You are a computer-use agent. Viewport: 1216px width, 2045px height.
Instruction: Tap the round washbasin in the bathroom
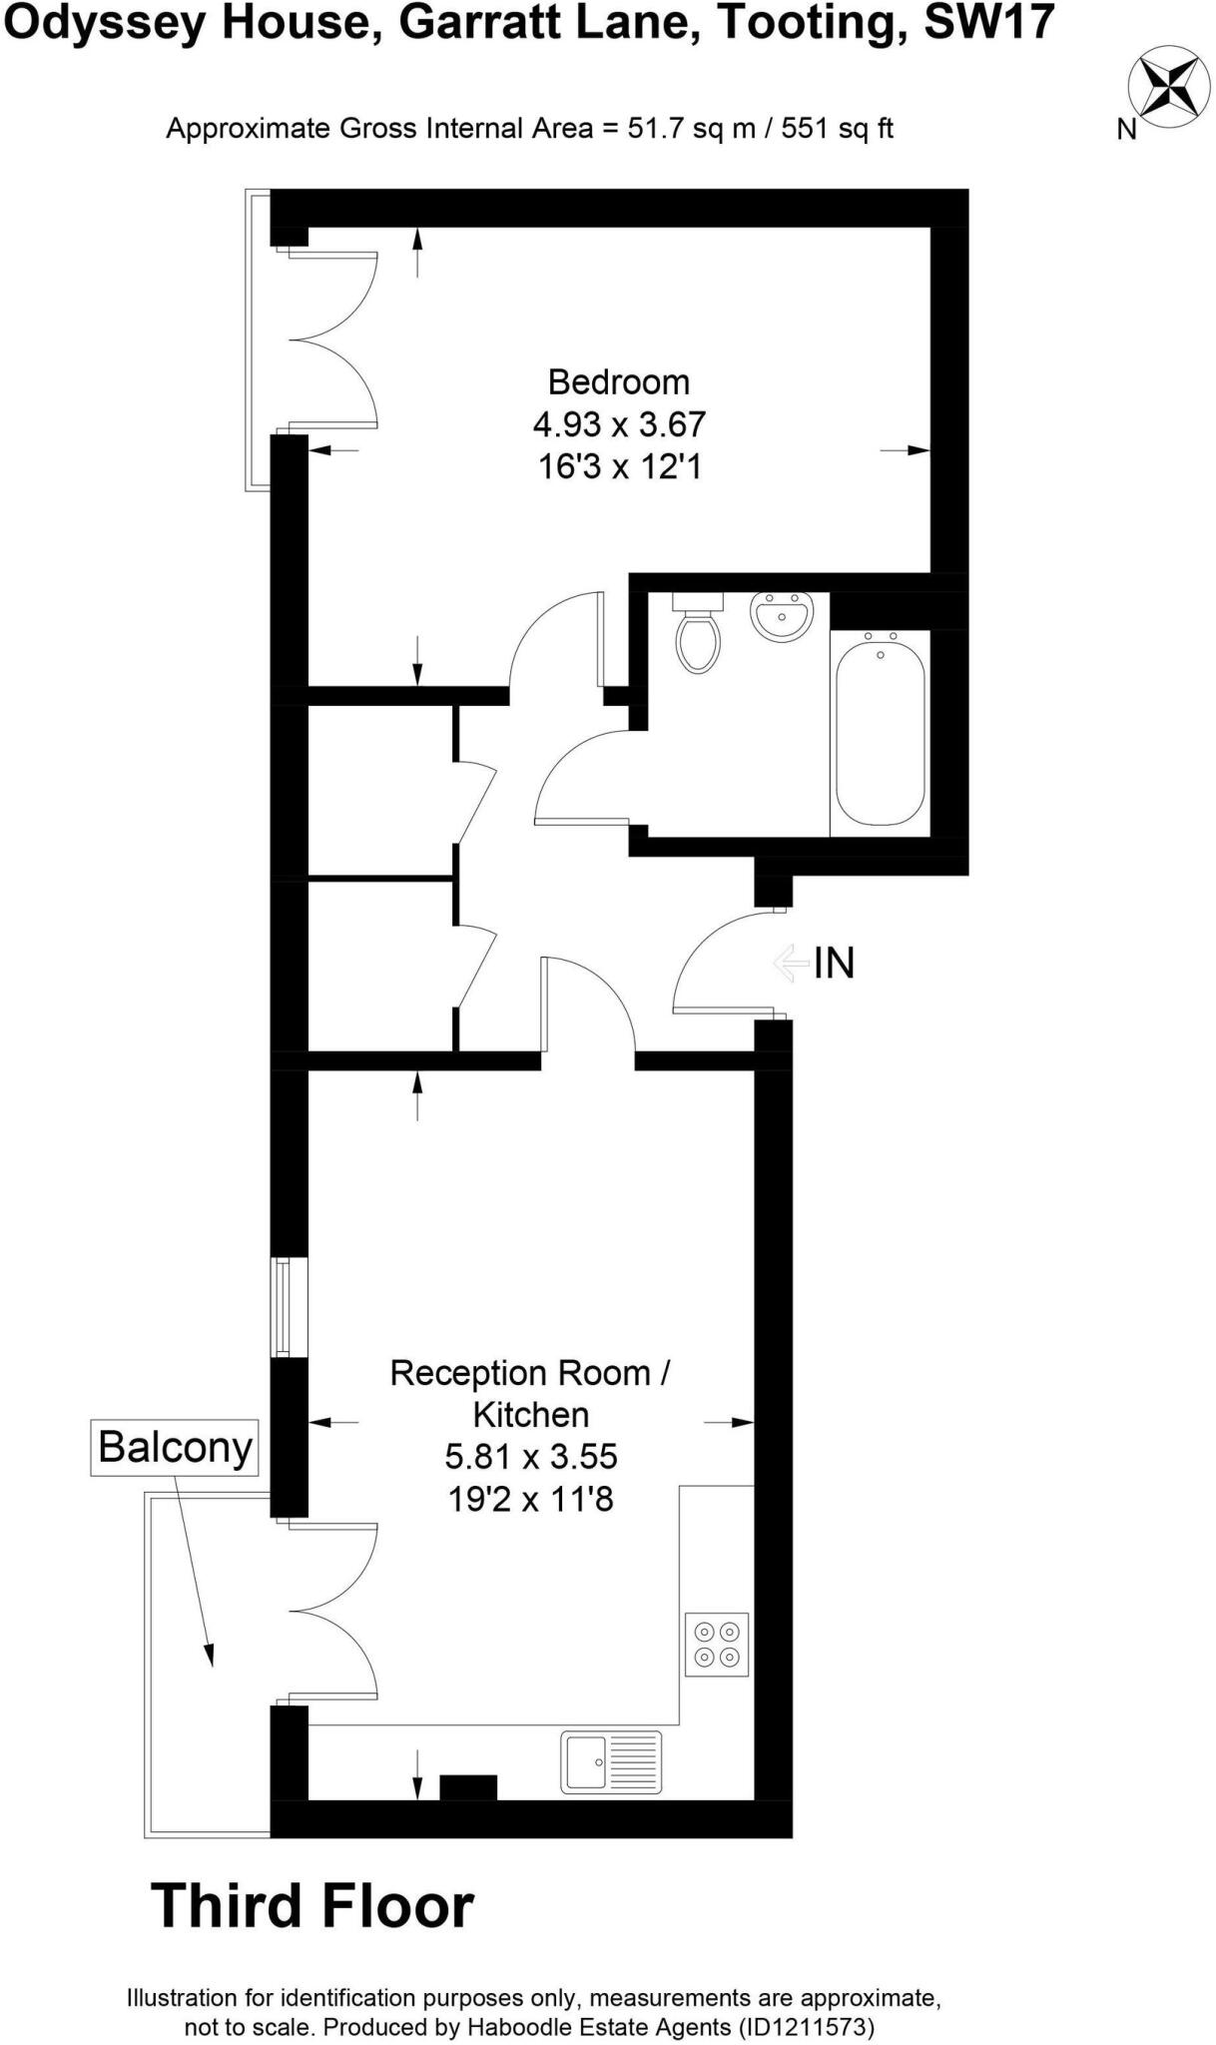coord(784,616)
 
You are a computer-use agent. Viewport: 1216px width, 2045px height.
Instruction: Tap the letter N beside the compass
coord(1126,130)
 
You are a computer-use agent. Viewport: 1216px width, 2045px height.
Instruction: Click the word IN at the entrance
coord(834,963)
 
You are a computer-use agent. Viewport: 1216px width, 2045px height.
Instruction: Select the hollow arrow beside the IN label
coord(791,963)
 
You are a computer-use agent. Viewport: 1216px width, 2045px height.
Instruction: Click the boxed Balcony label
coord(175,1447)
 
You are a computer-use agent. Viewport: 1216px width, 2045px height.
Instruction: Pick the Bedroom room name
coord(619,381)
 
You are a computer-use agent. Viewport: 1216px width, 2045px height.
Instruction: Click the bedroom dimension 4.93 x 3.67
coord(619,424)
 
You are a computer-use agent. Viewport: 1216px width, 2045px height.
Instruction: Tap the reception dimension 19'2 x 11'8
coord(531,1498)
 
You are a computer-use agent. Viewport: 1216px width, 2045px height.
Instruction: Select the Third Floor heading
coord(312,1906)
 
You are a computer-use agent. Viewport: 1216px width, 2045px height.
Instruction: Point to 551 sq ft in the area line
coord(837,129)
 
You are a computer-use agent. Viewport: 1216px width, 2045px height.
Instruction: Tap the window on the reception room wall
coord(289,1307)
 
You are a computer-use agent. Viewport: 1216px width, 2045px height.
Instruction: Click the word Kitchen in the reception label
coord(531,1414)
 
